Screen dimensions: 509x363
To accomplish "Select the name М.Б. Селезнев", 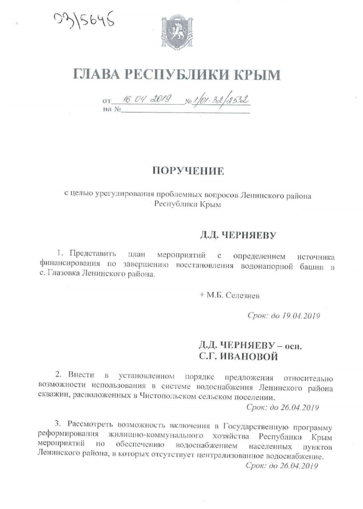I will click(x=233, y=295).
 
